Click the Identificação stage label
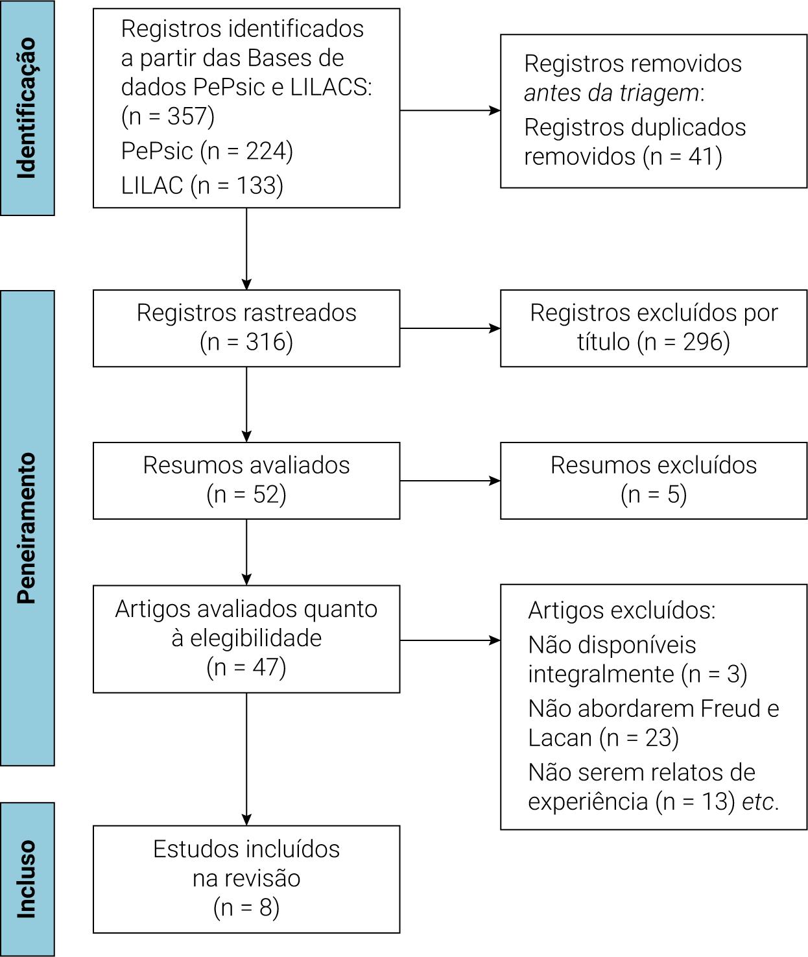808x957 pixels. tap(27, 108)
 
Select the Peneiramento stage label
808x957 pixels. tap(27, 527)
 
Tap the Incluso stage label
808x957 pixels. tap(27, 879)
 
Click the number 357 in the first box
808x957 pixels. tap(190, 116)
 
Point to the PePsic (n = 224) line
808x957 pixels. tap(207, 151)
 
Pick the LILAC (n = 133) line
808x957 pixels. tap(202, 186)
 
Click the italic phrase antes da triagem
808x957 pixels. tap(612, 93)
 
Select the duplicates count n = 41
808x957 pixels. tap(683, 156)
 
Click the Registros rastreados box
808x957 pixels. tap(246, 328)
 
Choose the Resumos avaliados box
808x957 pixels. tap(246, 480)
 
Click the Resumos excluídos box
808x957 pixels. tap(653, 480)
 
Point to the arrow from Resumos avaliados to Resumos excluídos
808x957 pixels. tap(449, 481)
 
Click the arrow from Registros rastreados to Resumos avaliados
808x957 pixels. tap(246, 404)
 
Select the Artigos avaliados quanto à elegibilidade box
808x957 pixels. tap(246, 638)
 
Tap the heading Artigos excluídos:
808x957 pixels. tap(621, 611)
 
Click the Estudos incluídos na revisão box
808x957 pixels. tap(246, 878)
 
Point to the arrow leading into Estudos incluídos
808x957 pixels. tap(246, 759)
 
